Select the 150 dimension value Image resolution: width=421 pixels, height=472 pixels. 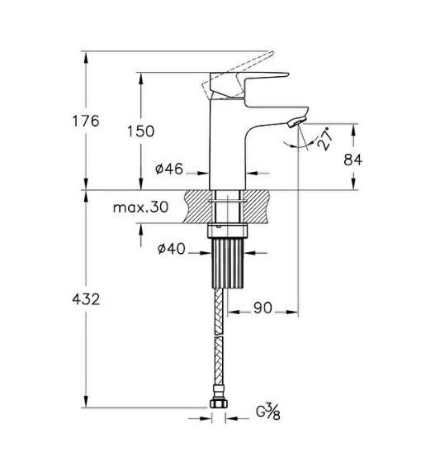click(x=140, y=130)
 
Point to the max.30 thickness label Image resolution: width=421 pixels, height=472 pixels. click(x=140, y=207)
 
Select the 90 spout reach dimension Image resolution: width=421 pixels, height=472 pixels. click(x=263, y=308)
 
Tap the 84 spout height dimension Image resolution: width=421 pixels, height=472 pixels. click(x=353, y=159)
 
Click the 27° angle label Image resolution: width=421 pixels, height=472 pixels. click(x=323, y=140)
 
